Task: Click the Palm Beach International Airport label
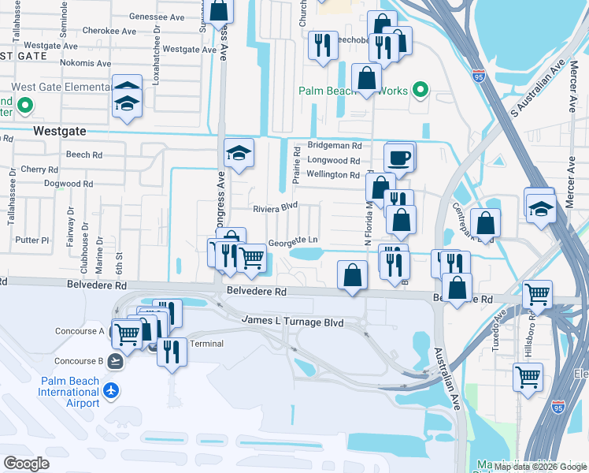tap(69, 392)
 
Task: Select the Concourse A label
tap(79, 331)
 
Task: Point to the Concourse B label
tap(79, 361)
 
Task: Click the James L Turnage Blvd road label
tap(292, 322)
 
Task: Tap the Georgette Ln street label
tap(293, 240)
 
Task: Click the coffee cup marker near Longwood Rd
tap(400, 157)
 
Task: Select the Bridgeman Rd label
tap(334, 146)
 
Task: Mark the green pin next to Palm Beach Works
tap(420, 91)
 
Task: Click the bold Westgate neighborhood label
tap(60, 131)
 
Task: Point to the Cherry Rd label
tap(35, 169)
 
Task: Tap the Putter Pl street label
tap(33, 240)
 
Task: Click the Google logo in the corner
tap(26, 463)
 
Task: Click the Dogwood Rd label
tap(69, 184)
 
